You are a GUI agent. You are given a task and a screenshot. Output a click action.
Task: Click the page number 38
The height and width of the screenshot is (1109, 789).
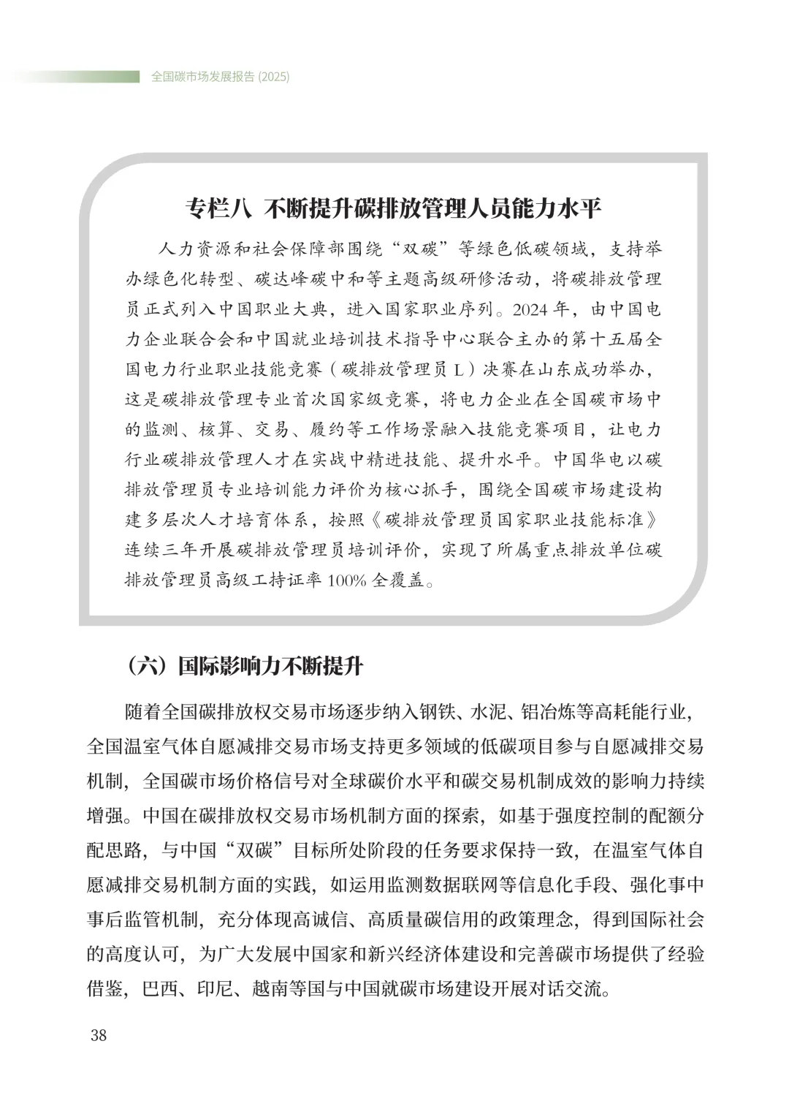[x=98, y=1036]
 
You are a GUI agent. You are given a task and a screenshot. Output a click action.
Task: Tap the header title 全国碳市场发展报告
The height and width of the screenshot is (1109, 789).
[x=203, y=77]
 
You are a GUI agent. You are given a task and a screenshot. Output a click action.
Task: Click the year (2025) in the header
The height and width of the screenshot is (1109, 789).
[x=274, y=77]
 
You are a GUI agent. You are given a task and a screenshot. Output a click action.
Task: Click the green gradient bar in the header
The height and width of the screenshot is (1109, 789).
[x=73, y=77]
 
